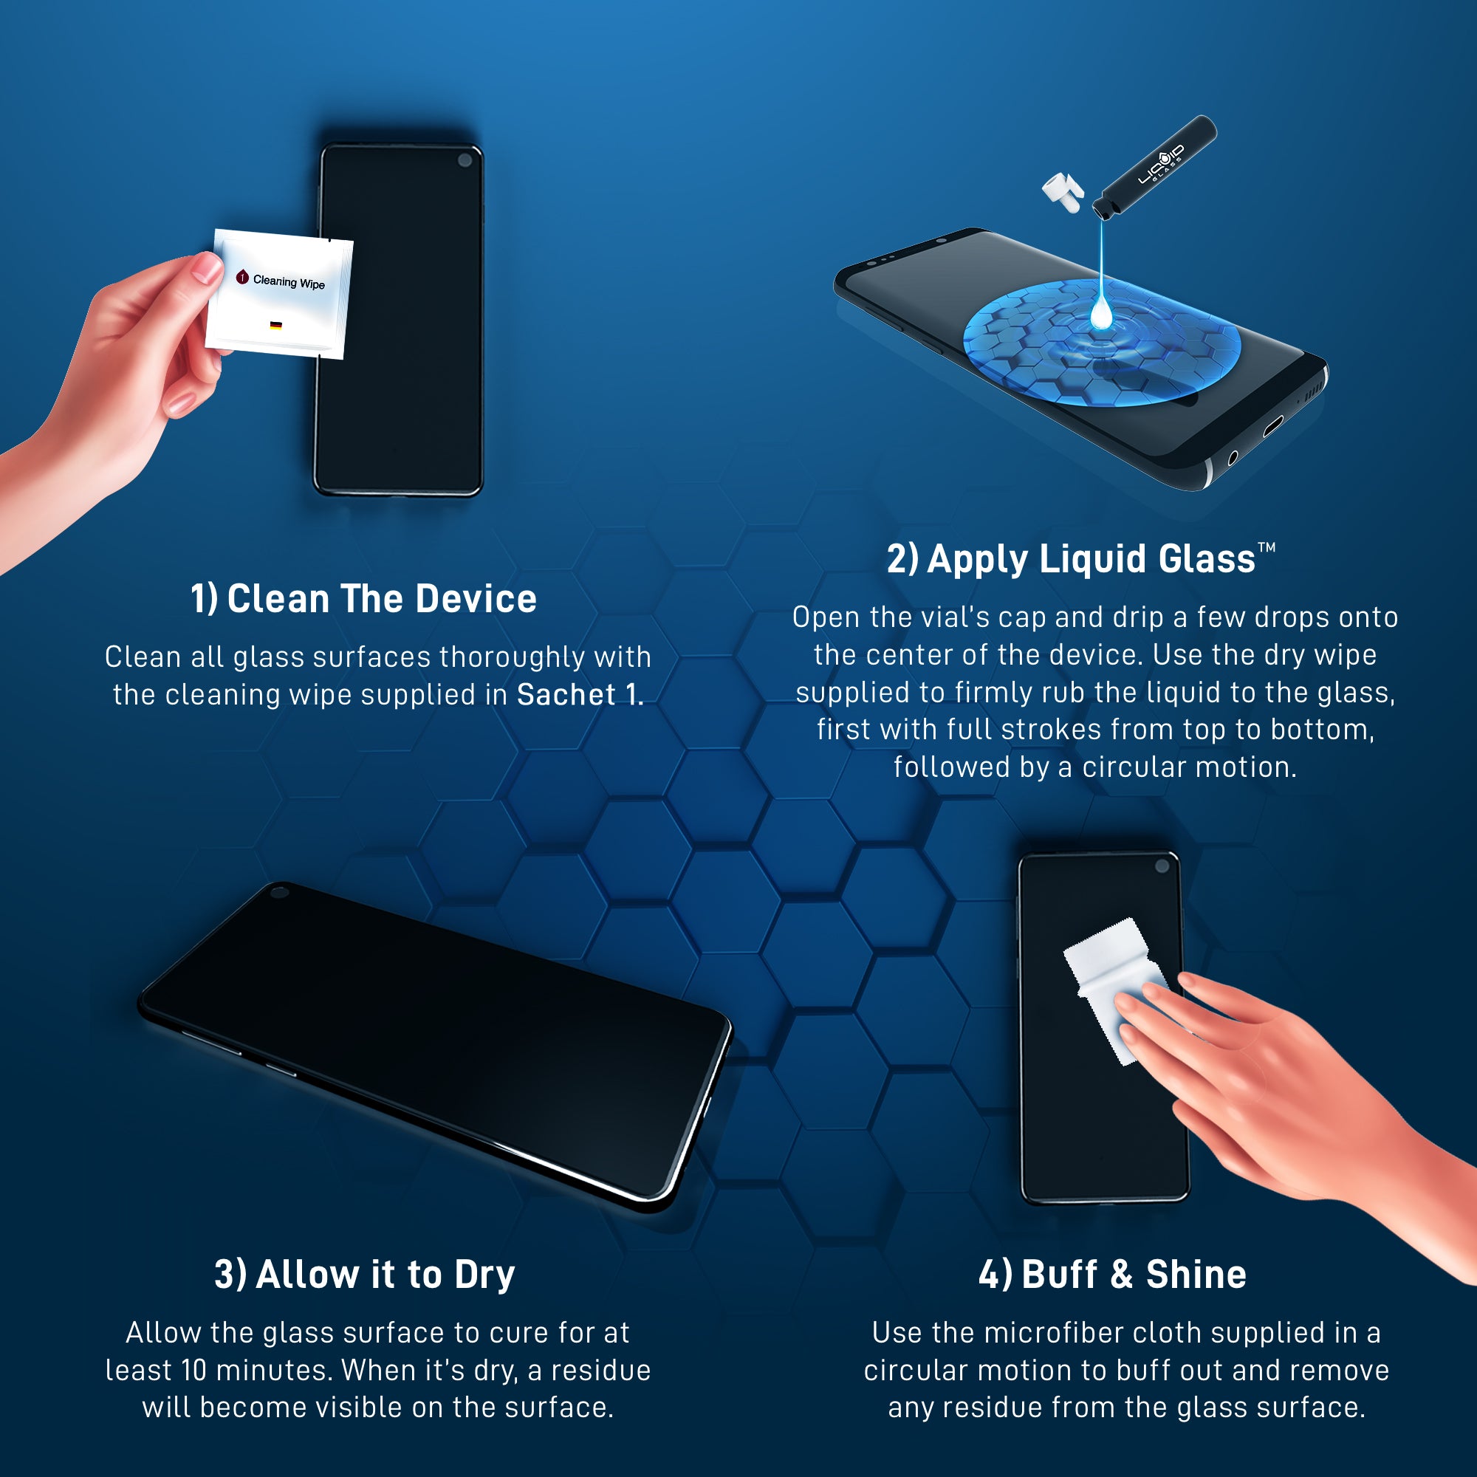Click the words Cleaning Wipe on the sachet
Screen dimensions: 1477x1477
[x=289, y=282]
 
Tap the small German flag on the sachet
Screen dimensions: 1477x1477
[x=276, y=326]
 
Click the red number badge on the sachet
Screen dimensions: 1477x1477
[x=242, y=277]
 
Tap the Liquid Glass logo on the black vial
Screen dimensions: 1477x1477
[x=1161, y=164]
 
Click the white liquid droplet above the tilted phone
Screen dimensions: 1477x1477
[x=1101, y=313]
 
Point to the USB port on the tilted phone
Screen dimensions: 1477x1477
[x=1272, y=425]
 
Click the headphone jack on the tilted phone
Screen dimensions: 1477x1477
[x=1233, y=458]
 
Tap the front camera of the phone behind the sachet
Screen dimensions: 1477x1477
[x=465, y=160]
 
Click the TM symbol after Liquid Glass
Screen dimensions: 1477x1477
[x=1267, y=547]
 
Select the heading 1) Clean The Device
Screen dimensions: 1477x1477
[x=364, y=599]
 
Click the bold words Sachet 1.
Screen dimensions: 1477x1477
[x=580, y=695]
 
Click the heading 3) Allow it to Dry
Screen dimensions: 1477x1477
[x=364, y=1275]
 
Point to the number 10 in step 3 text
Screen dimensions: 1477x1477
[x=194, y=1370]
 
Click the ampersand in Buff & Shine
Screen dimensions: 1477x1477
[x=1122, y=1275]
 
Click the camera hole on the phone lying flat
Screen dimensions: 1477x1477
[x=280, y=892]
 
